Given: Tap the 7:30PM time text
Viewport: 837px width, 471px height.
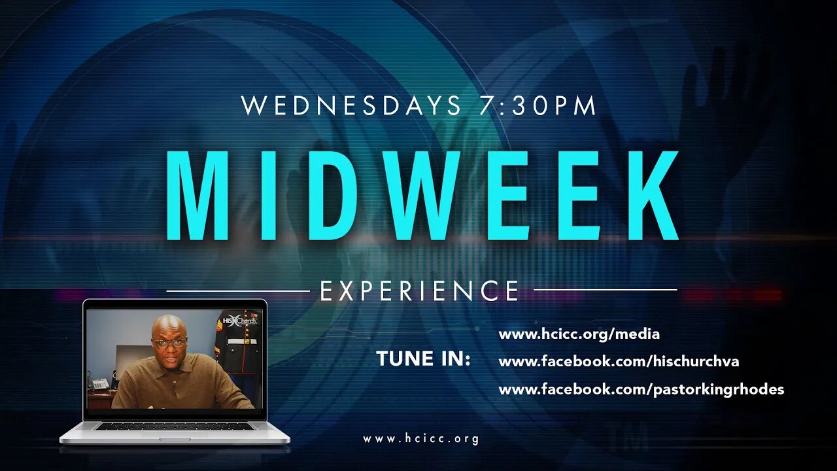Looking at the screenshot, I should [x=538, y=106].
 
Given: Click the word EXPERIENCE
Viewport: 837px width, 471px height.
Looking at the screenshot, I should [x=420, y=290].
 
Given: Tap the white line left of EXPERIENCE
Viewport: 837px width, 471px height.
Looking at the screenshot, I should [x=238, y=290].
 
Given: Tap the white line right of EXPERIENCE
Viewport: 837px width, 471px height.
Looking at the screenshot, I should [x=606, y=289].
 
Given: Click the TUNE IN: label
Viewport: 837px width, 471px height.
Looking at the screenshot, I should [x=424, y=359].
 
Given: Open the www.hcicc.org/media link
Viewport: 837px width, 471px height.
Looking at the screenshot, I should [x=579, y=334].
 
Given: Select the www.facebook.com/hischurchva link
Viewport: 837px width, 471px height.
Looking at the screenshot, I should [x=619, y=362].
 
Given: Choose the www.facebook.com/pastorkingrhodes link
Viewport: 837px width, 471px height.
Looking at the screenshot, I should [x=641, y=390].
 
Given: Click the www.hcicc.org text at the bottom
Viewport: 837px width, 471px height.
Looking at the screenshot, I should [x=421, y=439].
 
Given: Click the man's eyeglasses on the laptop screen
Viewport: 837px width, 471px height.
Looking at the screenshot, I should [x=171, y=343].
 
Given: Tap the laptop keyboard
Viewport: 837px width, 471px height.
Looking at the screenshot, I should [x=174, y=426].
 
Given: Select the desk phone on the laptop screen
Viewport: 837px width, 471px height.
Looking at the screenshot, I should [x=99, y=384].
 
